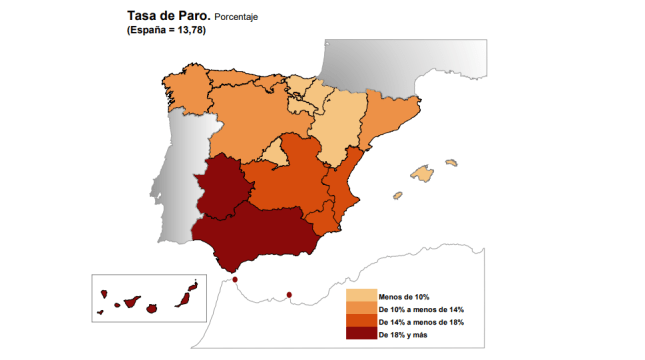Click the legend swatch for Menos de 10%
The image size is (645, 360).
click(360, 296)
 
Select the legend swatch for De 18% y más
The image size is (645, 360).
click(360, 334)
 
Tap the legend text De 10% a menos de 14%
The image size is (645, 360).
click(421, 310)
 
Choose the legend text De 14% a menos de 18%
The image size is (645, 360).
click(421, 322)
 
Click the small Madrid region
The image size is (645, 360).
click(271, 149)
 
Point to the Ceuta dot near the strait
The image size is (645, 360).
click(234, 279)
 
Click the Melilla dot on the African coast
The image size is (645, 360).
click(289, 294)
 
